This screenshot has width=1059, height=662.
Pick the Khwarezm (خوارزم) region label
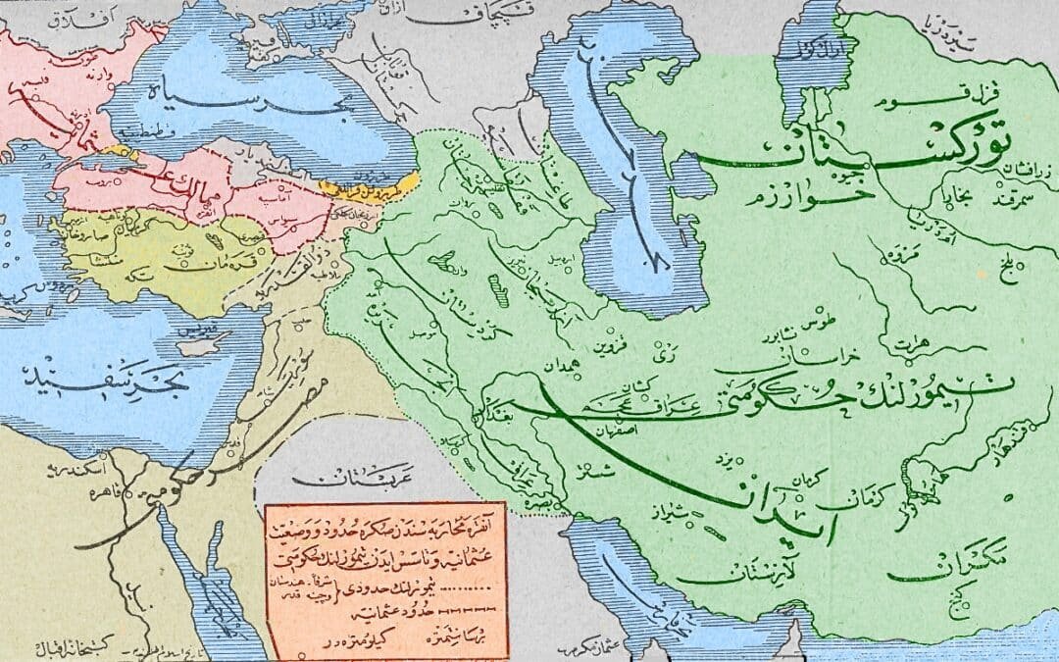coord(863,191)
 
